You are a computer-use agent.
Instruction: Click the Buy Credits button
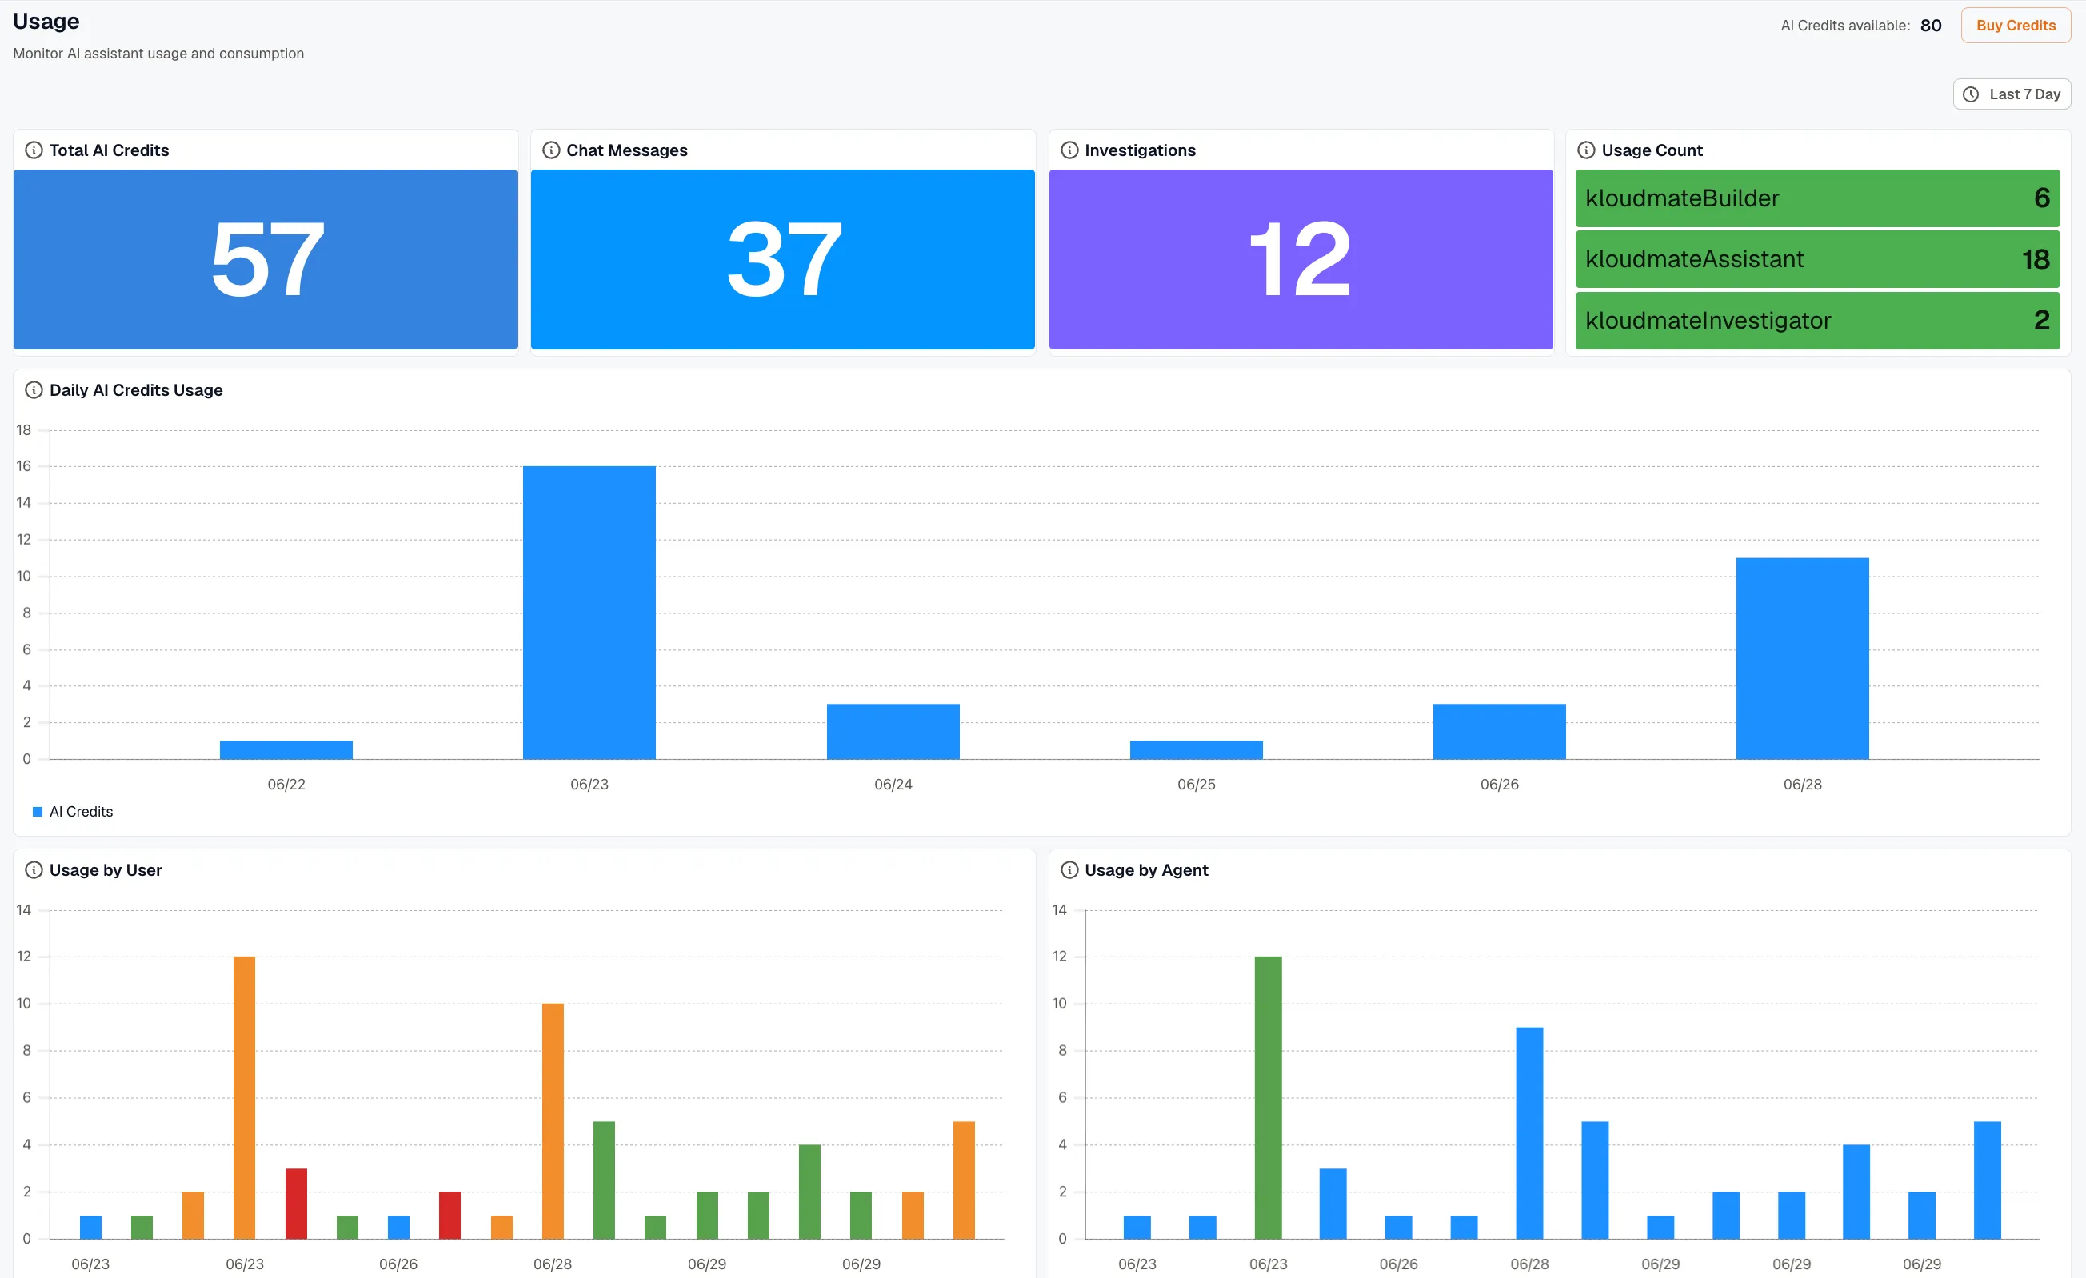click(2016, 26)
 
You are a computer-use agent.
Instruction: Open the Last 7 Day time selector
click(2012, 94)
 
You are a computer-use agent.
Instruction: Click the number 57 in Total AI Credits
click(267, 259)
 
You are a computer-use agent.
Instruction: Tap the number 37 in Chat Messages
click(784, 259)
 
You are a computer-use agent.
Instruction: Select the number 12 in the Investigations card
click(1300, 259)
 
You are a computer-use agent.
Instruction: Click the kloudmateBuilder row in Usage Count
click(1816, 198)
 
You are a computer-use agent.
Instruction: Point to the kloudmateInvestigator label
click(1708, 321)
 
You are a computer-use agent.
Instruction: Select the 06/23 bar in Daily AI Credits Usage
click(589, 612)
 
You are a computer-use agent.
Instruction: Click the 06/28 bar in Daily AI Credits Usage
click(1802, 658)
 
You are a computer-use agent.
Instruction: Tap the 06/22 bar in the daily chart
click(286, 750)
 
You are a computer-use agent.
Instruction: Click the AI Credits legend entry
click(73, 812)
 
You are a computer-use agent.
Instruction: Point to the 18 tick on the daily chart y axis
click(24, 430)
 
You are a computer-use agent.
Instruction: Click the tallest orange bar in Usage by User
click(244, 1098)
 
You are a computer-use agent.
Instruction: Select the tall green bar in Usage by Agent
click(1269, 1098)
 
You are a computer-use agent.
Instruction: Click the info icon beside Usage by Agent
click(1069, 870)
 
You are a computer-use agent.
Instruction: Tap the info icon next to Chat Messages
click(551, 150)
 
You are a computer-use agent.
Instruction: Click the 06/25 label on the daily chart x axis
click(1197, 785)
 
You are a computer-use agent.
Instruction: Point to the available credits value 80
click(1931, 26)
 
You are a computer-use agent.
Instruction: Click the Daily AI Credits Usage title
click(136, 390)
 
